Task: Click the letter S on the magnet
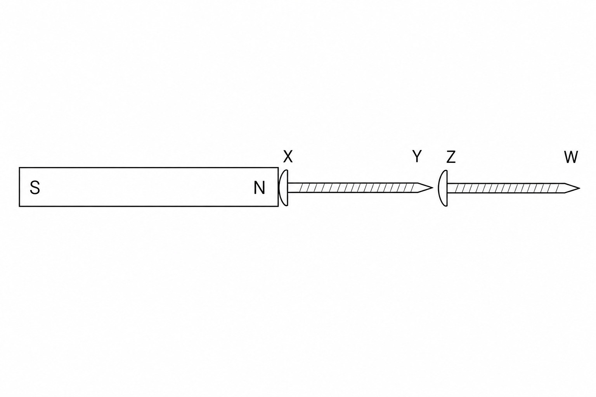[x=35, y=188]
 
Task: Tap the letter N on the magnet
[x=259, y=188]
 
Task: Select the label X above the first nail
[x=288, y=156]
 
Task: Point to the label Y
[x=417, y=156]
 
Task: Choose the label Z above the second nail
[x=451, y=157]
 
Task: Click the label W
[x=571, y=157]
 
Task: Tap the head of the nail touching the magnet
[x=284, y=188]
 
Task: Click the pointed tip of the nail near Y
[x=433, y=188]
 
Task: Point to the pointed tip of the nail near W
[x=579, y=188]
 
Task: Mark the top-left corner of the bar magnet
[x=19, y=167]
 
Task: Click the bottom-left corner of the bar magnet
[x=19, y=206]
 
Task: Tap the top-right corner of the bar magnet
[x=278, y=167]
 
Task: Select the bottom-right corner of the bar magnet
[x=278, y=206]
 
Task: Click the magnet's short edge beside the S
[x=19, y=187]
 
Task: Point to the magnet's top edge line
[x=149, y=167]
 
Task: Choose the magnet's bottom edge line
[x=149, y=206]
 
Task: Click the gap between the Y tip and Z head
[x=436, y=188]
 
